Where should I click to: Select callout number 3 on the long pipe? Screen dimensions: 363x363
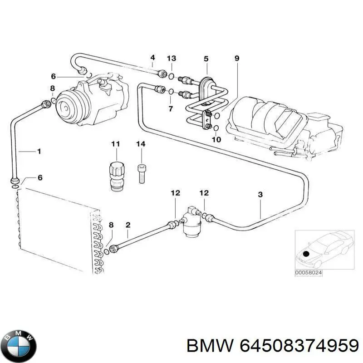pos(260,195)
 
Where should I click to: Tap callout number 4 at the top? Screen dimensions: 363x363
pos(152,58)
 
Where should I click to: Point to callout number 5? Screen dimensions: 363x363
pos(206,59)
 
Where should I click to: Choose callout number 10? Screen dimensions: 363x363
pos(216,139)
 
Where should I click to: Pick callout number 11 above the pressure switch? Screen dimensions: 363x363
pos(115,144)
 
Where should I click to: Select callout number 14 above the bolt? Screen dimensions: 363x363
pos(141,144)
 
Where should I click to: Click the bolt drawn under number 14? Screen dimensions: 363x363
pos(141,173)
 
